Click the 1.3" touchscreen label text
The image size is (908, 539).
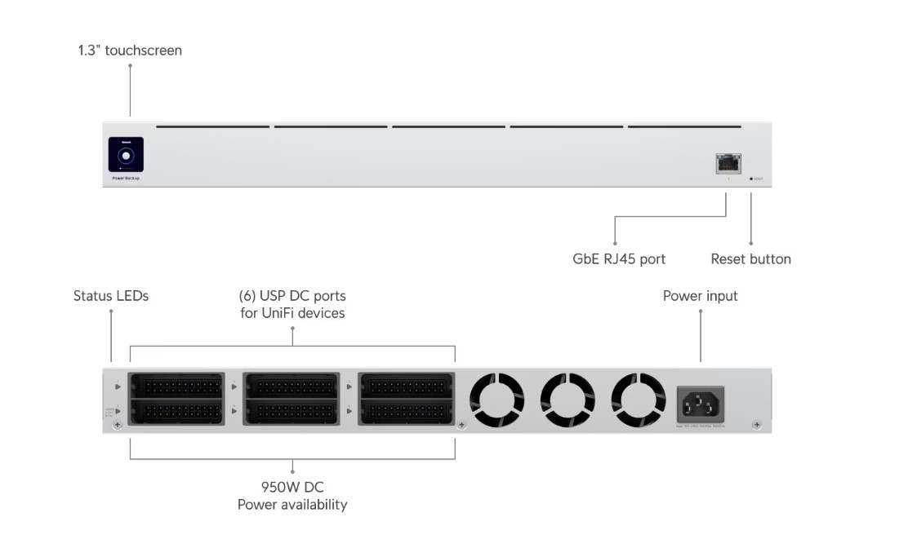pyautogui.click(x=130, y=51)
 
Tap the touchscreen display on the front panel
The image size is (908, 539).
pyautogui.click(x=126, y=154)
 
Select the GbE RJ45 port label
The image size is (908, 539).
pyautogui.click(x=619, y=259)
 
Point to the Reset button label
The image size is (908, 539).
pyautogui.click(x=750, y=259)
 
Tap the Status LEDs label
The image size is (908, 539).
pyautogui.click(x=111, y=296)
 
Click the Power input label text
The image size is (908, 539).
pyautogui.click(x=700, y=296)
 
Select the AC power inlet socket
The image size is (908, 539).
pyautogui.click(x=700, y=403)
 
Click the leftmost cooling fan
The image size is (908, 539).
pyautogui.click(x=496, y=400)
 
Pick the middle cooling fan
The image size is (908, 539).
pyautogui.click(x=567, y=400)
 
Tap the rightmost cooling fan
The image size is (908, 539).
pyautogui.click(x=639, y=400)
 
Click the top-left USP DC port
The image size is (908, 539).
pyautogui.click(x=176, y=386)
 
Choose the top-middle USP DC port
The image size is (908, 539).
pyautogui.click(x=291, y=386)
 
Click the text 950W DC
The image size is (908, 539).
pyautogui.click(x=292, y=488)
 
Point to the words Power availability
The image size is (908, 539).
pyautogui.click(x=292, y=505)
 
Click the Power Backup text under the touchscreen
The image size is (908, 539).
pyautogui.click(x=126, y=179)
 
